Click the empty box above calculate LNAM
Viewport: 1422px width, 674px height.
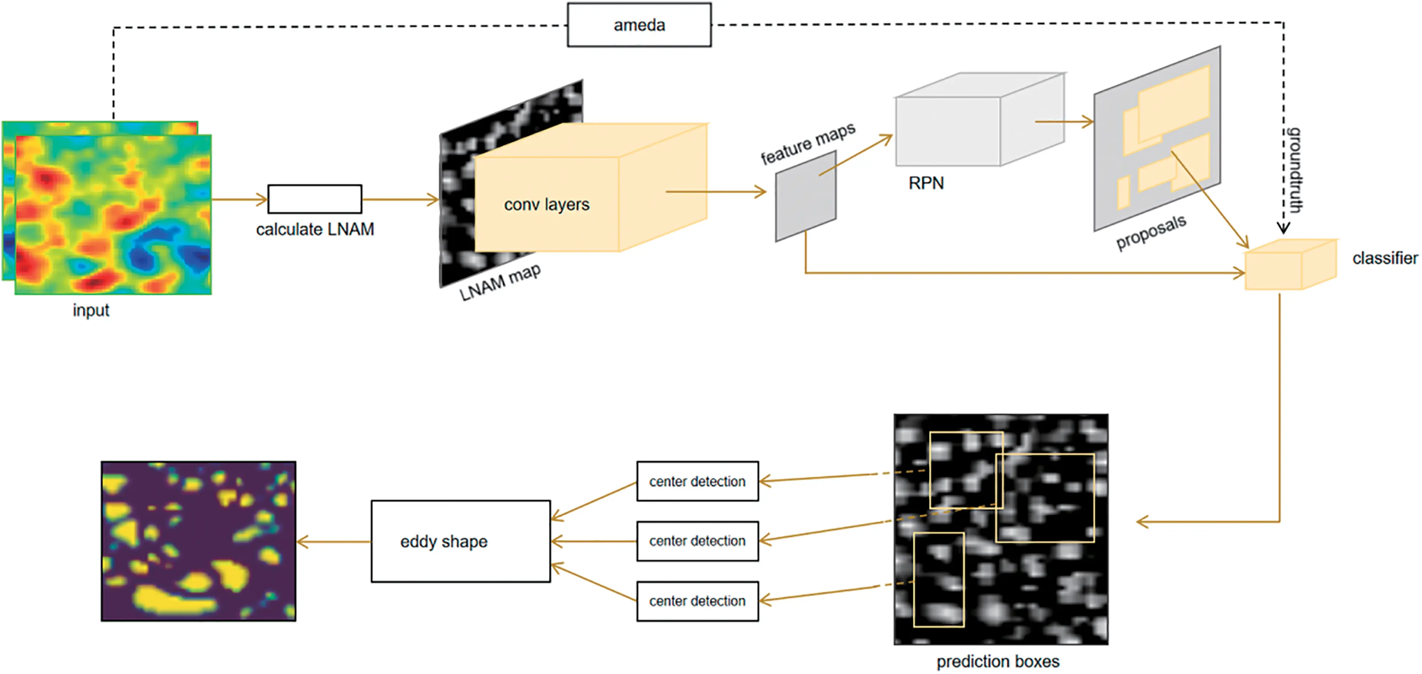click(314, 199)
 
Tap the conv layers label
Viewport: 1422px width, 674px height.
click(546, 204)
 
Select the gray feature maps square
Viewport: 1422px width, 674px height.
click(805, 197)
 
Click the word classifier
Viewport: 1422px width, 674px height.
click(1384, 258)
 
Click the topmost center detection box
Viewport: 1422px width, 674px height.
click(697, 481)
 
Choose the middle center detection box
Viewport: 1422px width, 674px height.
click(697, 541)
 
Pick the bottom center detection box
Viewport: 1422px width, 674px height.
click(697, 601)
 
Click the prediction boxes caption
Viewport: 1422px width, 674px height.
click(998, 661)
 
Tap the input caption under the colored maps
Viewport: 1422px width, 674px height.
click(91, 310)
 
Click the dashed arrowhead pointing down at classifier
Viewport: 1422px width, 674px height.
click(1284, 228)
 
